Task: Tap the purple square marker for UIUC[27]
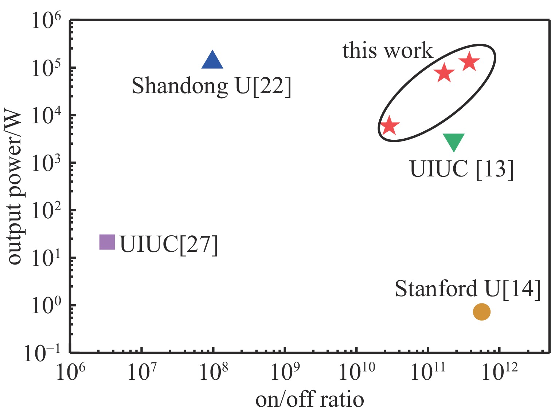107,242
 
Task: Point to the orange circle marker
481,312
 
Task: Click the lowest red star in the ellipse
390,126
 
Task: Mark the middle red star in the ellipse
444,73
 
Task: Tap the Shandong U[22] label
211,86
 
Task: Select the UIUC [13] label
462,169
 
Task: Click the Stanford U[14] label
468,289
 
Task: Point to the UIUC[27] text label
169,244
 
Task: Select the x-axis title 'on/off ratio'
309,399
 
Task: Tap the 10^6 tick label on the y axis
46,21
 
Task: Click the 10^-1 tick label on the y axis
42,353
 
